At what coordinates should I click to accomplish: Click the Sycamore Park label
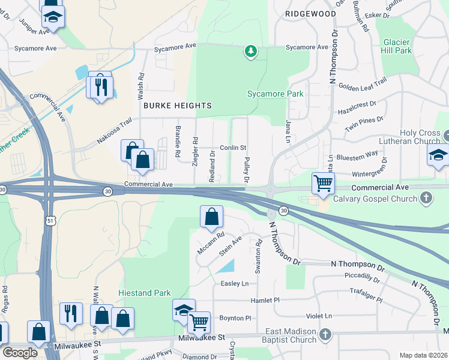click(276, 94)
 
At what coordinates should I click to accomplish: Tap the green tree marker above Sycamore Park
click(251, 52)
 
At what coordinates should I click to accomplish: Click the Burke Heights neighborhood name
click(178, 106)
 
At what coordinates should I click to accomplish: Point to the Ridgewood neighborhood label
click(310, 13)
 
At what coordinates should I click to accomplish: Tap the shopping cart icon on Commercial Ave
click(323, 182)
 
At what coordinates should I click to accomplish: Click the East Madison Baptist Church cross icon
click(325, 334)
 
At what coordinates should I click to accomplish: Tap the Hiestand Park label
click(145, 293)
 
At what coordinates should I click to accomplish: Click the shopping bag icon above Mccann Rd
click(211, 217)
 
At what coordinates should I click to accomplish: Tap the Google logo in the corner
click(20, 353)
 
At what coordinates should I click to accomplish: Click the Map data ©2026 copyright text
click(423, 355)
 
